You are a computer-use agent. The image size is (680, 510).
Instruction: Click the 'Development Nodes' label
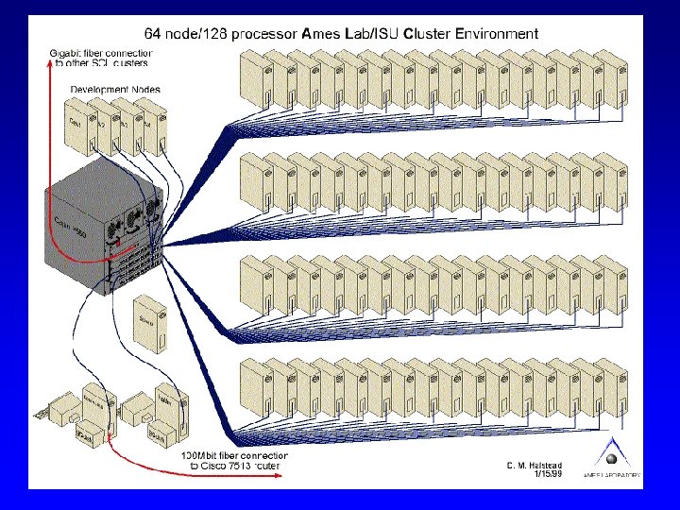(x=115, y=90)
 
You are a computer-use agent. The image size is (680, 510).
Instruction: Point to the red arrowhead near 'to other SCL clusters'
(x=50, y=63)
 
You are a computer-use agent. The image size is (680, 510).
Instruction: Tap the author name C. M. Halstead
(x=535, y=465)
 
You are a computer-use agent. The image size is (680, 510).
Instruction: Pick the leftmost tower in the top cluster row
(x=254, y=79)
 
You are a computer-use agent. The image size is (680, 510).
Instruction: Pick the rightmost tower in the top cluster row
(x=611, y=79)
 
